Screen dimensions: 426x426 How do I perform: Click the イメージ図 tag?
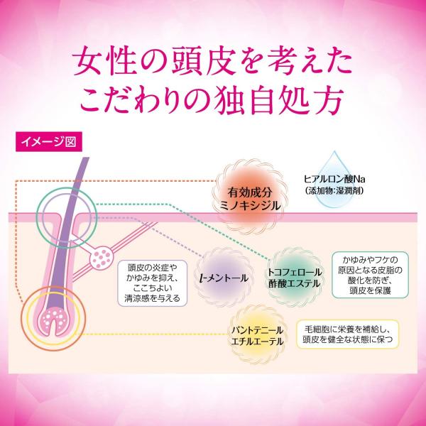49,141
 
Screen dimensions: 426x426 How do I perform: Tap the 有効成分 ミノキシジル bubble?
249,197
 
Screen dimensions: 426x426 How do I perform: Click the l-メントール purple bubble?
224,277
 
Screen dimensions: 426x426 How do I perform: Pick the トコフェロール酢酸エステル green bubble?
295,277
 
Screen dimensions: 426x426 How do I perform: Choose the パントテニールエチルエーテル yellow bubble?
257,334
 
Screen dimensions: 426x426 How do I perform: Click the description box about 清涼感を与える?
153,283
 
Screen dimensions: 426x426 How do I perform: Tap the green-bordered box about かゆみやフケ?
370,275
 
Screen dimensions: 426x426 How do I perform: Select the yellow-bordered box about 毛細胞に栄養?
347,334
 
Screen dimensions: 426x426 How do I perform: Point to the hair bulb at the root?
53,321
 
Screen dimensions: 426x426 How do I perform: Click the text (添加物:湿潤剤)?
334,191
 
